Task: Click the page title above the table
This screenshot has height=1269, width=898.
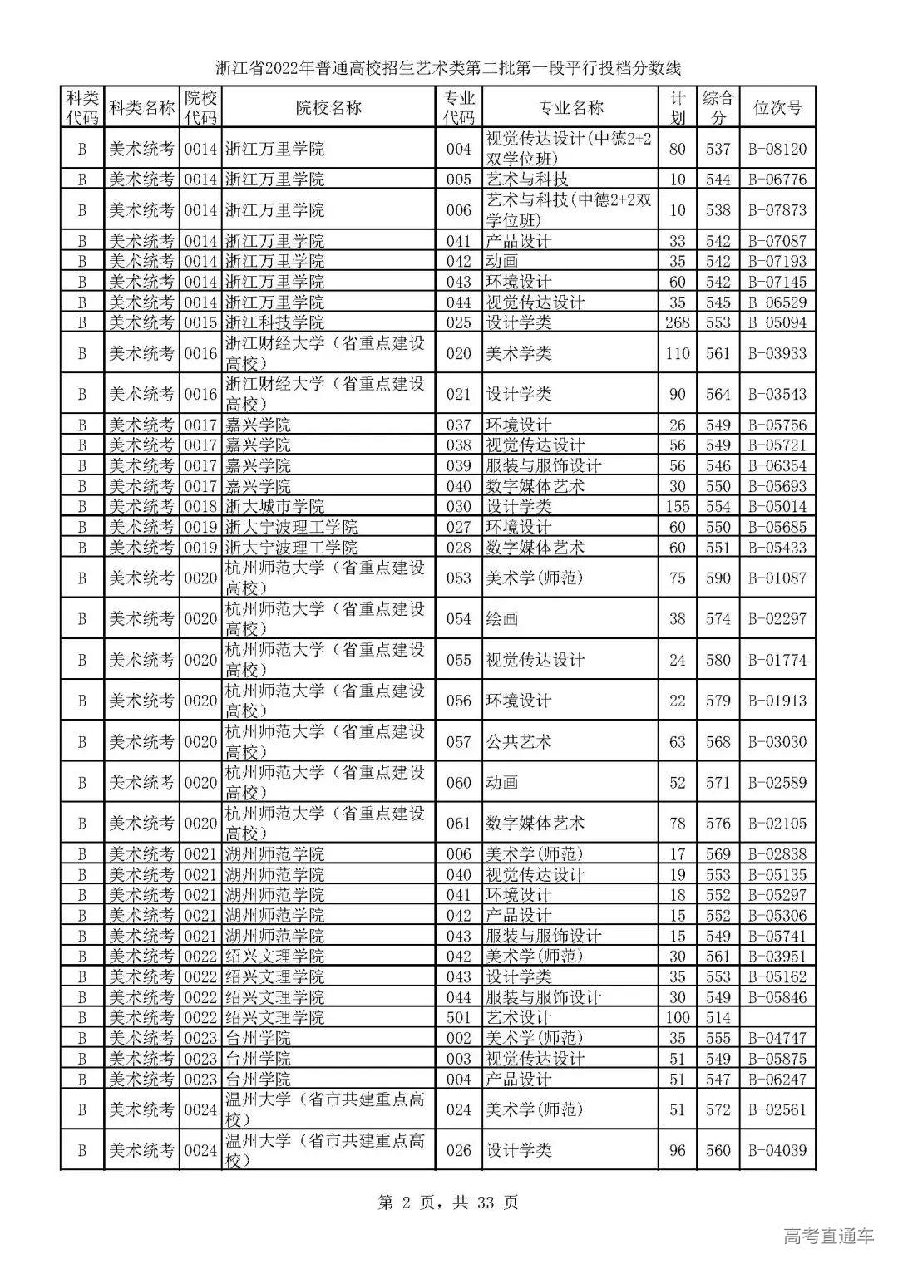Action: pyautogui.click(x=448, y=67)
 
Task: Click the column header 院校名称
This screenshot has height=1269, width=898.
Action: pyautogui.click(x=328, y=107)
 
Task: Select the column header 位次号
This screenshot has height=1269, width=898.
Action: pyautogui.click(x=777, y=107)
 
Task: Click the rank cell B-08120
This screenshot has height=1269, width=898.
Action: pyautogui.click(x=777, y=149)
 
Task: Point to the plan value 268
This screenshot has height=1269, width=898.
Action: pyautogui.click(x=678, y=322)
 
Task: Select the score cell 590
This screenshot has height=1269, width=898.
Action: pyautogui.click(x=718, y=578)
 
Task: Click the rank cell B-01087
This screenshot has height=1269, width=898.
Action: pyautogui.click(x=777, y=578)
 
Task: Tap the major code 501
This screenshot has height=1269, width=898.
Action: pyautogui.click(x=458, y=1018)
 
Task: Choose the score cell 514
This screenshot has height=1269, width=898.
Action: pyautogui.click(x=718, y=1018)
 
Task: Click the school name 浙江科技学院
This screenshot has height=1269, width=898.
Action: pyautogui.click(x=275, y=322)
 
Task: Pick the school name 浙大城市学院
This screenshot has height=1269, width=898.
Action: pyautogui.click(x=275, y=507)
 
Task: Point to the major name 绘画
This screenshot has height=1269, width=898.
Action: pyautogui.click(x=502, y=619)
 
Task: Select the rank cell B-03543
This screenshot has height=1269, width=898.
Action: pyautogui.click(x=777, y=395)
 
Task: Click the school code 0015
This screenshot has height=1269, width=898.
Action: pyautogui.click(x=200, y=322)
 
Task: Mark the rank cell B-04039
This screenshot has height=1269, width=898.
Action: pyautogui.click(x=777, y=1151)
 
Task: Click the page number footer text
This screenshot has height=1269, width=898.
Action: pyautogui.click(x=448, y=1202)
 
